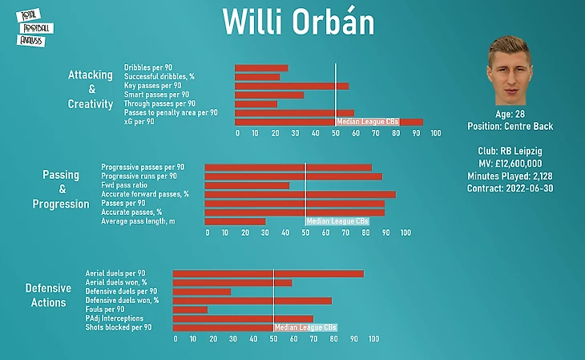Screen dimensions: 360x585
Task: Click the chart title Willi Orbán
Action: pos(298,22)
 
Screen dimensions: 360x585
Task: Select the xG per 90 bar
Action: pos(329,122)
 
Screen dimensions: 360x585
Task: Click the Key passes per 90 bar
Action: pos(292,86)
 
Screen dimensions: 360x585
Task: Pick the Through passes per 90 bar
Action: pos(256,103)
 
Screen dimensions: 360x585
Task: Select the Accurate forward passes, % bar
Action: pos(300,194)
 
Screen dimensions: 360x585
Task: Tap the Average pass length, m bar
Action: pos(235,221)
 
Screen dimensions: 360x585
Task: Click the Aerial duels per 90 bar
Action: pos(268,273)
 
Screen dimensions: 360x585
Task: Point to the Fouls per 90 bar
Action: pos(191,309)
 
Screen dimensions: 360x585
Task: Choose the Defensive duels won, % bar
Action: pos(252,301)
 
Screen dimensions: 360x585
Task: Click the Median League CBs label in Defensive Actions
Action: pos(305,327)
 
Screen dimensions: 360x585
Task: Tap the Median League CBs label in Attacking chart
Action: pos(367,122)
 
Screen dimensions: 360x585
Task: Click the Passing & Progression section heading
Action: pos(61,189)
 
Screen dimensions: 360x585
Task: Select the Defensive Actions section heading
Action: pos(49,295)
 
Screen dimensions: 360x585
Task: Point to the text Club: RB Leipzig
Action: pos(510,152)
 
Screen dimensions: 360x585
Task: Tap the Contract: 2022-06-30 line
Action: pos(510,188)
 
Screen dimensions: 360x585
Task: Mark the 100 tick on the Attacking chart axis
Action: pos(435,133)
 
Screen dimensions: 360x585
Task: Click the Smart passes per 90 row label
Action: pos(157,95)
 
